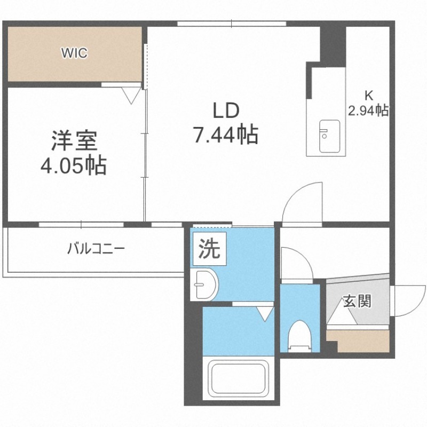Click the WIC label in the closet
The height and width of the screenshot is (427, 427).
pos(74,53)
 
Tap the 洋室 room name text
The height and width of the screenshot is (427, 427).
pos(74,141)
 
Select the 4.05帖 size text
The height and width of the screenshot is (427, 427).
pos(73,165)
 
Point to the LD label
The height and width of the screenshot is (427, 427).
pos(226,110)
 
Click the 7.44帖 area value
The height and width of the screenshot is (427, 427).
pos(225,135)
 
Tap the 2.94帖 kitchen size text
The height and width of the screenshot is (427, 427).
pos(368,110)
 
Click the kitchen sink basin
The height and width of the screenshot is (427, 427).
pos(329,136)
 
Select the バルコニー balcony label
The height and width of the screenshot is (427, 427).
pos(96,249)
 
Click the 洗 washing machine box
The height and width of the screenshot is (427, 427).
pos(209,249)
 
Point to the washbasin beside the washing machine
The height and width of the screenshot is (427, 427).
pos(204,284)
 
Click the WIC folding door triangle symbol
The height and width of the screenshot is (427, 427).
pos(131,96)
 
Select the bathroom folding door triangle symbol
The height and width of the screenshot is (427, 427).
pos(265,314)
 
